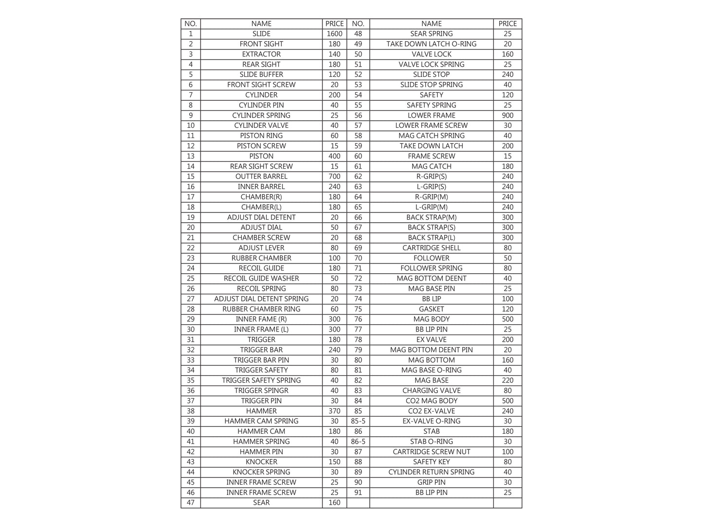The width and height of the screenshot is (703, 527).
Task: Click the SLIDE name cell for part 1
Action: (x=261, y=34)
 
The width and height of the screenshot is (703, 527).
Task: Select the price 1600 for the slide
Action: (x=334, y=34)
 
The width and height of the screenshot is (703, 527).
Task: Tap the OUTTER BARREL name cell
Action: (x=261, y=176)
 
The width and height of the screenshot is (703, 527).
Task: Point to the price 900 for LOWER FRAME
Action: (x=507, y=115)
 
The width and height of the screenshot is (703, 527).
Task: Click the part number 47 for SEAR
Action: (x=191, y=503)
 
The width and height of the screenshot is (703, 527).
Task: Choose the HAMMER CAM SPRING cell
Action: (x=261, y=421)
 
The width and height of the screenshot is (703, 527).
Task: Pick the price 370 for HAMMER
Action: (x=334, y=411)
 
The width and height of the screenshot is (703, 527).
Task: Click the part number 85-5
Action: (x=358, y=421)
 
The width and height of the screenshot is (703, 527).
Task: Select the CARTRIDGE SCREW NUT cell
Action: (x=431, y=452)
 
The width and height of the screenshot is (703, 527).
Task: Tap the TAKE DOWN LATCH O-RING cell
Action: (x=431, y=44)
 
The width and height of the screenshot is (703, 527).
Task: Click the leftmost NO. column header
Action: (x=191, y=24)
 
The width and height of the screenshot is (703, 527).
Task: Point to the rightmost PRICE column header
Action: (x=507, y=24)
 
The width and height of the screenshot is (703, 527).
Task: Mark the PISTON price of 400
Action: (x=334, y=156)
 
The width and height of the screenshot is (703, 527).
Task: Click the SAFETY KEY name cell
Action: (x=431, y=462)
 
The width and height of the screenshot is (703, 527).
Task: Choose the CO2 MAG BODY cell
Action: (x=431, y=401)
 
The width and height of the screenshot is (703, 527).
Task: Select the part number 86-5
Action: (x=358, y=441)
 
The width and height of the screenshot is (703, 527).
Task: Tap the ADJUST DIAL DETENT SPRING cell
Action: (x=261, y=299)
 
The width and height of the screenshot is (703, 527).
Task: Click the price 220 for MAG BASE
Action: (x=507, y=380)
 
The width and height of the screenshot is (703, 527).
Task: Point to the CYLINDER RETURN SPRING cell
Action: (x=431, y=472)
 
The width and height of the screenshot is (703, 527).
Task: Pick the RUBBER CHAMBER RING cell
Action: (x=261, y=309)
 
